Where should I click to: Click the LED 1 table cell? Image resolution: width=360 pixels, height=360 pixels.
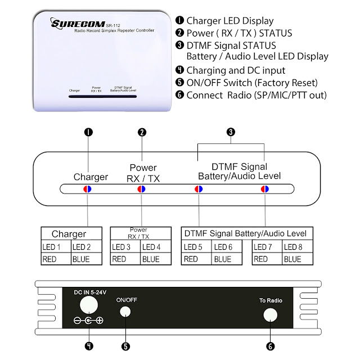point(56,247)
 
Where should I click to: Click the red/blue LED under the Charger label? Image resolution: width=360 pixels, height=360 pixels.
point(88,189)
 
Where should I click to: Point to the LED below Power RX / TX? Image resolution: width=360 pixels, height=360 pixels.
point(142,189)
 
